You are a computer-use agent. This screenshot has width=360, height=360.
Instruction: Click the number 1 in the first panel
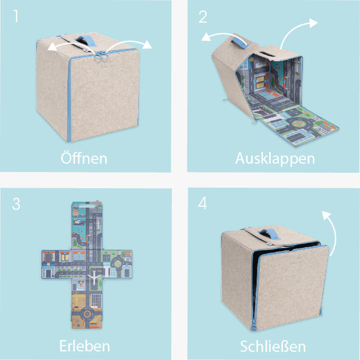pos(15,16)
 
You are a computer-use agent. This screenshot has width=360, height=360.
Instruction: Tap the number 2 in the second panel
pos(203,17)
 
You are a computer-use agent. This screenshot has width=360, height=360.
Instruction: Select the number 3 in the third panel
pos(16,204)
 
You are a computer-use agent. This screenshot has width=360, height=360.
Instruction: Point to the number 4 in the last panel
pos(203,203)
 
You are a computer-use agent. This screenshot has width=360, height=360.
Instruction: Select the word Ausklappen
pos(275,159)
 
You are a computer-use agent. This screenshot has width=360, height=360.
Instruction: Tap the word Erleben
pos(84,346)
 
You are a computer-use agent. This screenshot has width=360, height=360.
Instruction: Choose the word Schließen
pos(273,346)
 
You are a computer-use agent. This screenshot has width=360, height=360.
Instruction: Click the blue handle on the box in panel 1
pos(84,40)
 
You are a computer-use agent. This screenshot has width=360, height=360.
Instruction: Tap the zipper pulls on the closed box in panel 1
pos(101,55)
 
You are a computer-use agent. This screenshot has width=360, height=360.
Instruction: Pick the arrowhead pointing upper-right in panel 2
pos(313,23)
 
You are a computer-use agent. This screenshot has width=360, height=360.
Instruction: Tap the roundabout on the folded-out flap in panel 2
pos(299,124)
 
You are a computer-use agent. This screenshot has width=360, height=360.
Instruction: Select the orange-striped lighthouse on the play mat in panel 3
pos(76,211)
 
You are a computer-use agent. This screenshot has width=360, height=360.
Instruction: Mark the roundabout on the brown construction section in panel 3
pos(87,313)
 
